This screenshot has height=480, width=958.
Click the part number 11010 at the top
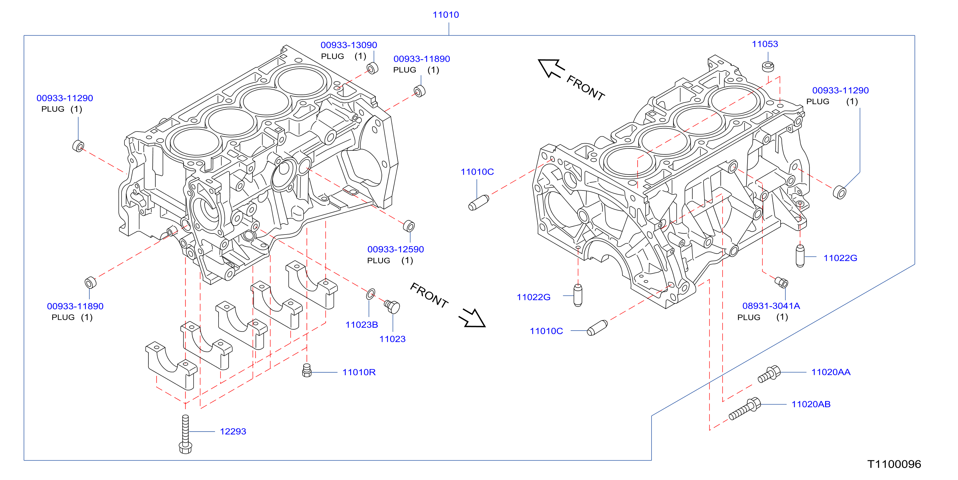point(446,15)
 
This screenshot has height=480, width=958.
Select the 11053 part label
point(765,44)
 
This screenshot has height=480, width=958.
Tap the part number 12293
point(233,431)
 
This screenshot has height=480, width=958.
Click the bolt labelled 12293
point(185,434)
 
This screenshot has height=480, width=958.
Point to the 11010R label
point(359,372)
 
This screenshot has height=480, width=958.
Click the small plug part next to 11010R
point(307,370)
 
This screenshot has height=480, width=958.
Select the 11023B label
point(361,324)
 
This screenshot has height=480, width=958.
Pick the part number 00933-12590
point(395,249)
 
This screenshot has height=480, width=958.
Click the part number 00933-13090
point(349,45)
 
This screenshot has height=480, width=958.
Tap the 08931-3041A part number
point(771,306)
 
